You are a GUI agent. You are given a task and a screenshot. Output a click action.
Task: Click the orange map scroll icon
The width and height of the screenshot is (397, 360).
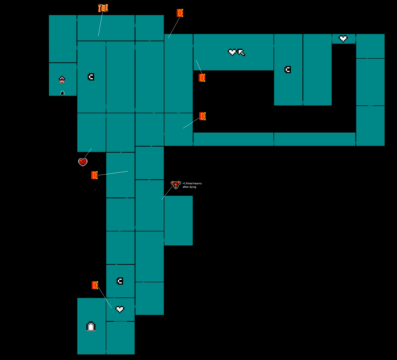click(x=103, y=8)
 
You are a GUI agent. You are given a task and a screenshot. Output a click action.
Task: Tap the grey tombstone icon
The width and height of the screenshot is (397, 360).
click(x=91, y=326)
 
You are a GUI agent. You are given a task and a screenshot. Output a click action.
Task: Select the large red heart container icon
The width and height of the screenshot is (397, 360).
click(x=83, y=162)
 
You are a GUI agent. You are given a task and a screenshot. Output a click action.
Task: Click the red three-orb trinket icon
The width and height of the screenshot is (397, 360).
click(x=176, y=185)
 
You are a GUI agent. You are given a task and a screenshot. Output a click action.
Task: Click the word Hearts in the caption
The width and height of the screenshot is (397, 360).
click(x=197, y=183)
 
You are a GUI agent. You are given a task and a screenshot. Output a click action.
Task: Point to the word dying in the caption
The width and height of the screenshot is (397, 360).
click(x=193, y=187)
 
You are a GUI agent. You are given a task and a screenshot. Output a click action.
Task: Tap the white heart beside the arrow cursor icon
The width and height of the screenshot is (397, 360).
click(x=232, y=52)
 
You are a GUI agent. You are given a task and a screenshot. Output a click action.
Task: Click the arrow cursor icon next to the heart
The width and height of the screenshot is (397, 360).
click(x=241, y=52)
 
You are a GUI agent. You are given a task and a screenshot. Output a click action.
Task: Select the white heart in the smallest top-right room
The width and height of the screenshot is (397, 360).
click(x=343, y=39)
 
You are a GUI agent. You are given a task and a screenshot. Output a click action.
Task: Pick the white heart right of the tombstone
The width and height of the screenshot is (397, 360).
click(x=120, y=309)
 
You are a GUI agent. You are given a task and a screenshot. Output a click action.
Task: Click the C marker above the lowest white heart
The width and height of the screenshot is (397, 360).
click(x=120, y=281)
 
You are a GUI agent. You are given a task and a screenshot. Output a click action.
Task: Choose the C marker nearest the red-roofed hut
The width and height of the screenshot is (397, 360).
click(x=91, y=77)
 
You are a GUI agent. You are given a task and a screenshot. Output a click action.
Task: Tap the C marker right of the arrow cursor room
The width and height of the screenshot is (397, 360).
click(x=288, y=70)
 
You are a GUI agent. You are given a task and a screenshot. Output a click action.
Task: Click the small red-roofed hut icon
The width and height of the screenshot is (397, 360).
click(x=62, y=79)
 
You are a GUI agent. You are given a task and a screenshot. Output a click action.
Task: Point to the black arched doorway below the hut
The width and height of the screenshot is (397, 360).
click(x=62, y=93)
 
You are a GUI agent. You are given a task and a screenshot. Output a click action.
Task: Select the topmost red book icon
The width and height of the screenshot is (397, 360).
click(x=180, y=13)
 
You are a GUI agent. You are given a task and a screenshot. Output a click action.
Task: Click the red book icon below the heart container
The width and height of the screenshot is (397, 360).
click(x=94, y=175)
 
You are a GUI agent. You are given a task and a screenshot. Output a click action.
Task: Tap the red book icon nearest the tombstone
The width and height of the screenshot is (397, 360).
click(x=95, y=285)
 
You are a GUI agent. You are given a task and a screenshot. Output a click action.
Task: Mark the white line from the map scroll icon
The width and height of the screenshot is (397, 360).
click(x=100, y=24)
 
